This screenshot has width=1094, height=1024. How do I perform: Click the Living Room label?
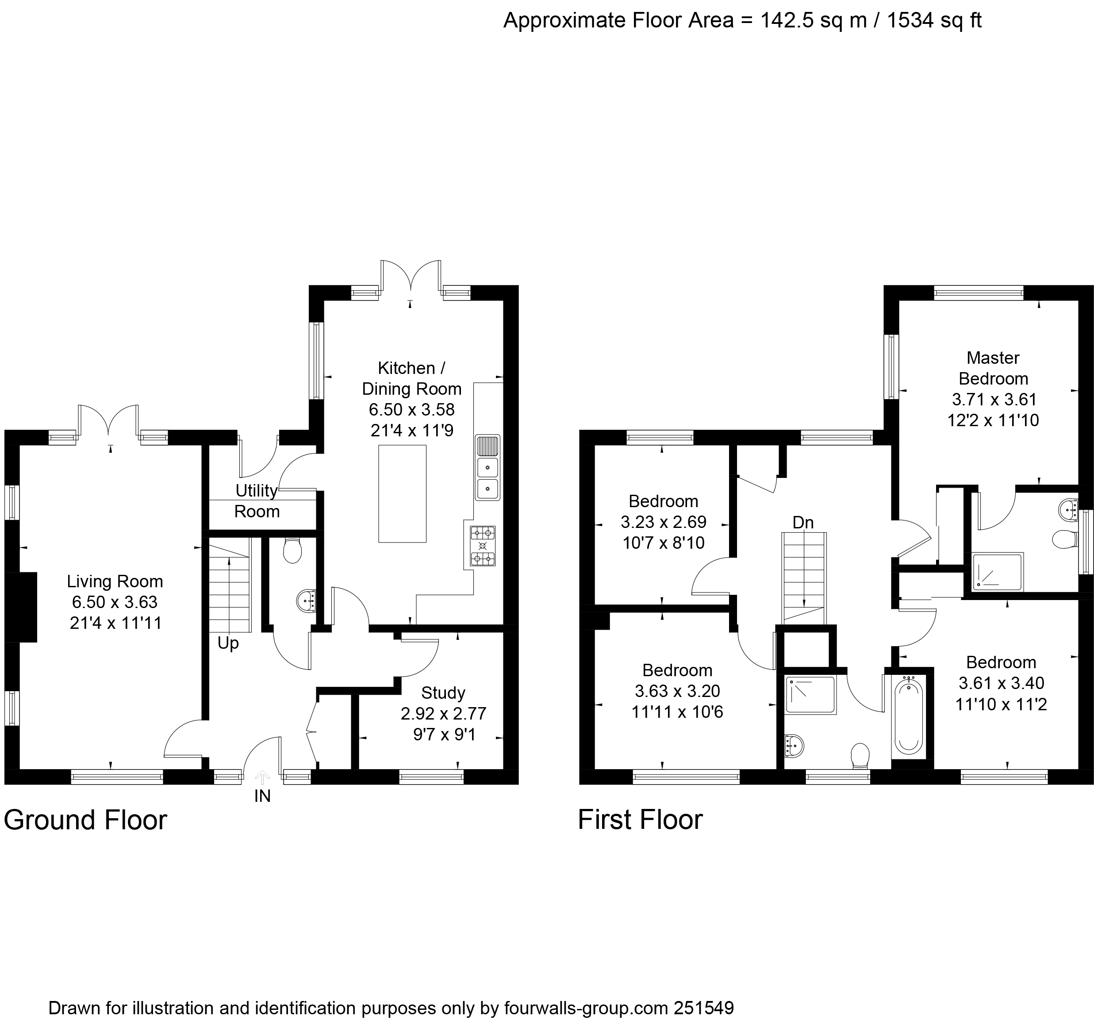coord(115,581)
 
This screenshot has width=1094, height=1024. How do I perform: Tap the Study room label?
coord(443,693)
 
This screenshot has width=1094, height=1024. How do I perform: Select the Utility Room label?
coord(257,501)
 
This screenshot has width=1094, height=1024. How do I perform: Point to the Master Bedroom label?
coord(993,368)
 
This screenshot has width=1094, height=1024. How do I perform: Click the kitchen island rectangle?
coord(402,494)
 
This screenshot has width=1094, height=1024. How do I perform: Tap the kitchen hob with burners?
coord(483,546)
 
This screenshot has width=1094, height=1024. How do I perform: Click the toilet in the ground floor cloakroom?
coord(292,550)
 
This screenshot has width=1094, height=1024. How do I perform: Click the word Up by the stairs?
coord(228,643)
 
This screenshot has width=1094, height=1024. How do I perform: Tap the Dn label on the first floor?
coord(803,523)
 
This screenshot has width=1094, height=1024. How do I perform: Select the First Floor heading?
coord(640,820)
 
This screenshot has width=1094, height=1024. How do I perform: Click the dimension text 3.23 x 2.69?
coord(663,522)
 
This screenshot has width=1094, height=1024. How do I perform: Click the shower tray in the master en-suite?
coord(997,573)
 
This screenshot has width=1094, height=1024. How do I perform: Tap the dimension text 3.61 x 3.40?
coord(1001,683)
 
